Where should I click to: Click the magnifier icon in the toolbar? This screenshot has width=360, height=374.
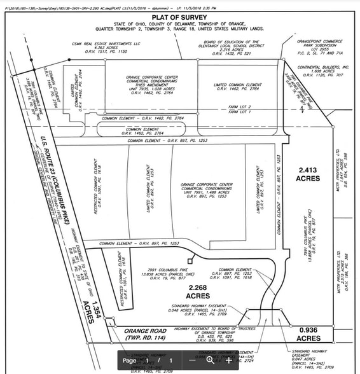[211, 360]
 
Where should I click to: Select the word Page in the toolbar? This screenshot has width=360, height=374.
[129, 361]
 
